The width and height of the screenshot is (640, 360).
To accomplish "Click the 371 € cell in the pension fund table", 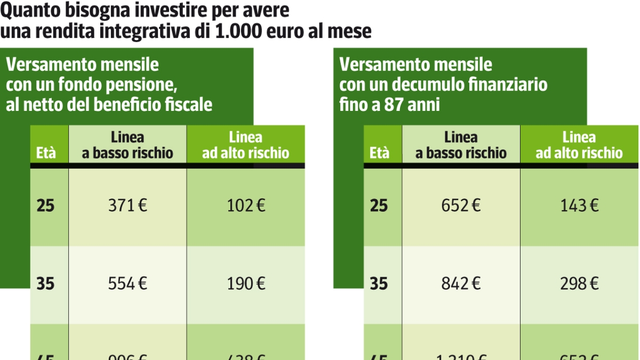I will click(x=127, y=206).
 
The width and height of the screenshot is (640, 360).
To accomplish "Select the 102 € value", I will click(x=246, y=206).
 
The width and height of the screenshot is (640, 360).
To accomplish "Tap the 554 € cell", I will click(x=127, y=284).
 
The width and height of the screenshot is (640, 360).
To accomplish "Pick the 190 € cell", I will click(x=246, y=284).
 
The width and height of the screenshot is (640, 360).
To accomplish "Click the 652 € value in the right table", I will click(x=461, y=206).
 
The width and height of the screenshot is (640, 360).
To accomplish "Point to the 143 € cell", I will click(x=579, y=206).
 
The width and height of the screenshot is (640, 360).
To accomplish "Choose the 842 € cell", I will click(x=461, y=284).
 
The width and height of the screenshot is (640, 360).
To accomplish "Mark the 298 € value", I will click(x=579, y=284).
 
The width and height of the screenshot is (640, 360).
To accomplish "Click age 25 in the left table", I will click(x=46, y=206).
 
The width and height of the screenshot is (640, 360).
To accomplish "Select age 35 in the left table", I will click(x=46, y=284).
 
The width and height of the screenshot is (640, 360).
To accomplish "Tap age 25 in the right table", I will click(x=379, y=206).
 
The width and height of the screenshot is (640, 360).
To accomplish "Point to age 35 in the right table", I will click(x=379, y=284).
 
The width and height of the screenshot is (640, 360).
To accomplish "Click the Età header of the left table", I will click(x=46, y=154).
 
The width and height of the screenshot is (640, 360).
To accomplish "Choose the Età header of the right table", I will click(x=379, y=154).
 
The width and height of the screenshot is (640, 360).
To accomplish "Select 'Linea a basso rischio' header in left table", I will click(x=127, y=145).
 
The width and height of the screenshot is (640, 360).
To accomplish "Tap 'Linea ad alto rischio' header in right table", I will click(x=579, y=145).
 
